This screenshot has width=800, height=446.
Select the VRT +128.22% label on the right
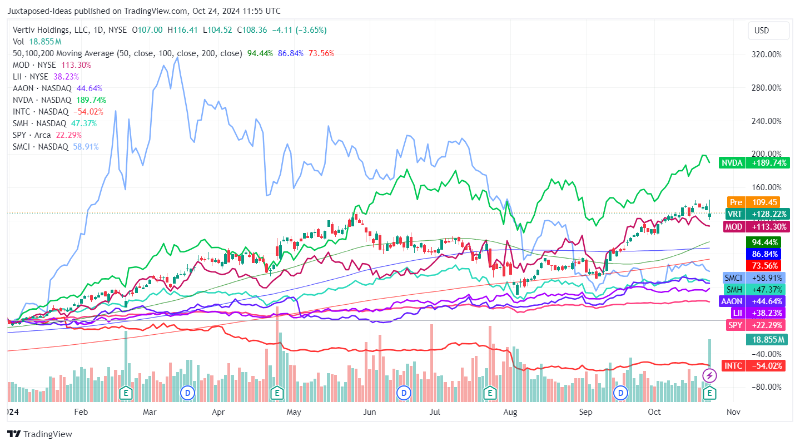(753, 214)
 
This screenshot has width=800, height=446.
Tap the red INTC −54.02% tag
(754, 366)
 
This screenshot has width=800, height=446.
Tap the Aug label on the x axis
(510, 412)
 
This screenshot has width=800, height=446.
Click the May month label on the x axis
(294, 412)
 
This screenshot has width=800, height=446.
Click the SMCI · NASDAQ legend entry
(41, 147)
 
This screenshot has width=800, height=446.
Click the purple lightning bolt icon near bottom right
(710, 376)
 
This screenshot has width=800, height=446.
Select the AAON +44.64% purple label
(753, 301)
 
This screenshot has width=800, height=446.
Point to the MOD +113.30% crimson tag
(753, 227)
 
